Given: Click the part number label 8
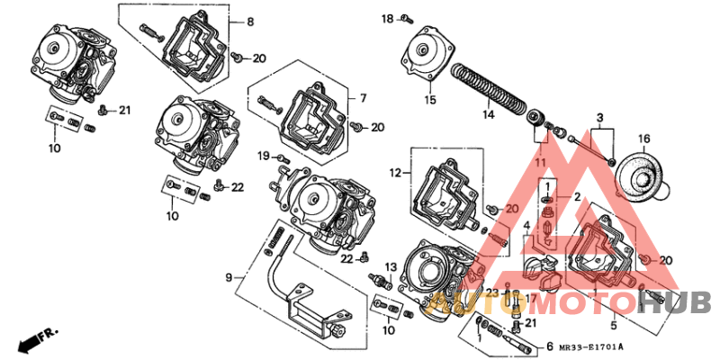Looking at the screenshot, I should [x=250, y=21].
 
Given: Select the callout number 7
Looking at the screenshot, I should [x=364, y=97].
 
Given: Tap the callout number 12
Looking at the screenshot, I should [x=394, y=171].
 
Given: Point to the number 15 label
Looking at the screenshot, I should [x=430, y=100].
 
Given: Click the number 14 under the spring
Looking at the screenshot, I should [x=487, y=115].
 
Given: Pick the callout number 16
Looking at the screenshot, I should [x=644, y=138].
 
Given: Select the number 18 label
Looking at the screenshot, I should [x=387, y=18].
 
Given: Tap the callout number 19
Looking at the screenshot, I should [x=264, y=157].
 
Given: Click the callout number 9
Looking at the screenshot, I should [x=229, y=276].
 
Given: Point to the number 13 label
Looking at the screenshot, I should [x=391, y=267].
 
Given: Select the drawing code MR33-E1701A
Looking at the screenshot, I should [x=590, y=346].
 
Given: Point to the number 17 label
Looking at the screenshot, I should [x=530, y=299].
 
